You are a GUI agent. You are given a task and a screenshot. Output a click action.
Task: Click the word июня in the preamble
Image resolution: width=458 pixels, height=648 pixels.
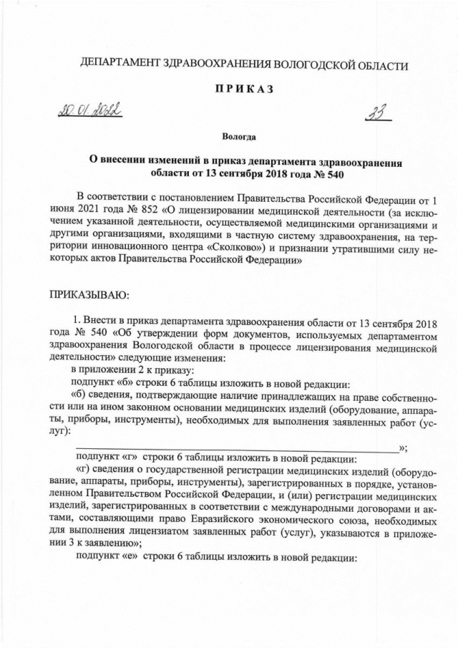63,210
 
